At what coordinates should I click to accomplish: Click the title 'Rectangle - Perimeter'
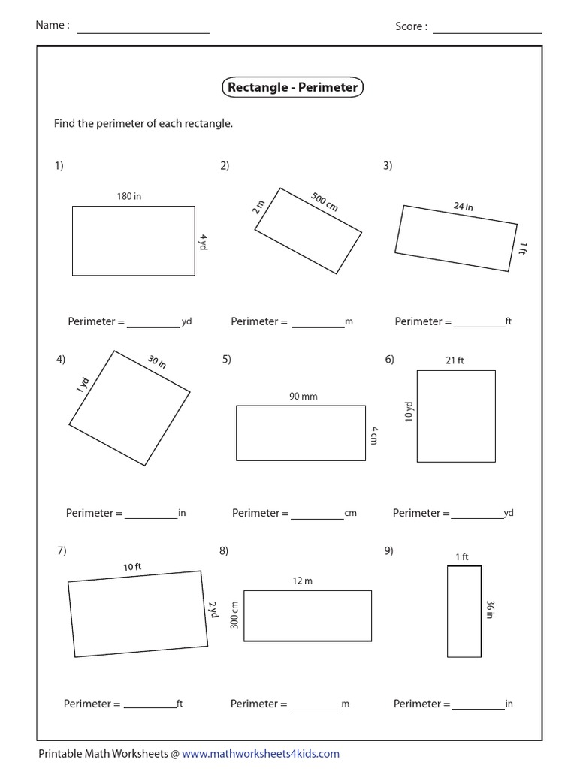[292, 88]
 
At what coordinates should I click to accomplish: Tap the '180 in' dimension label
[128, 196]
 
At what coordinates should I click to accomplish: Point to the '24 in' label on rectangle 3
[463, 206]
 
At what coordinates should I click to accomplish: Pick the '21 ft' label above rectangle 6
[455, 360]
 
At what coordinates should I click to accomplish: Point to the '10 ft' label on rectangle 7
[132, 567]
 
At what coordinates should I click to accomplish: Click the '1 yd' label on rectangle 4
[82, 386]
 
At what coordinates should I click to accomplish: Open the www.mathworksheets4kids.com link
[260, 753]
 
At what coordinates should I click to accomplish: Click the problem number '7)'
[62, 550]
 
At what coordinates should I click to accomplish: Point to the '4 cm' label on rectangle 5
[373, 436]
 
